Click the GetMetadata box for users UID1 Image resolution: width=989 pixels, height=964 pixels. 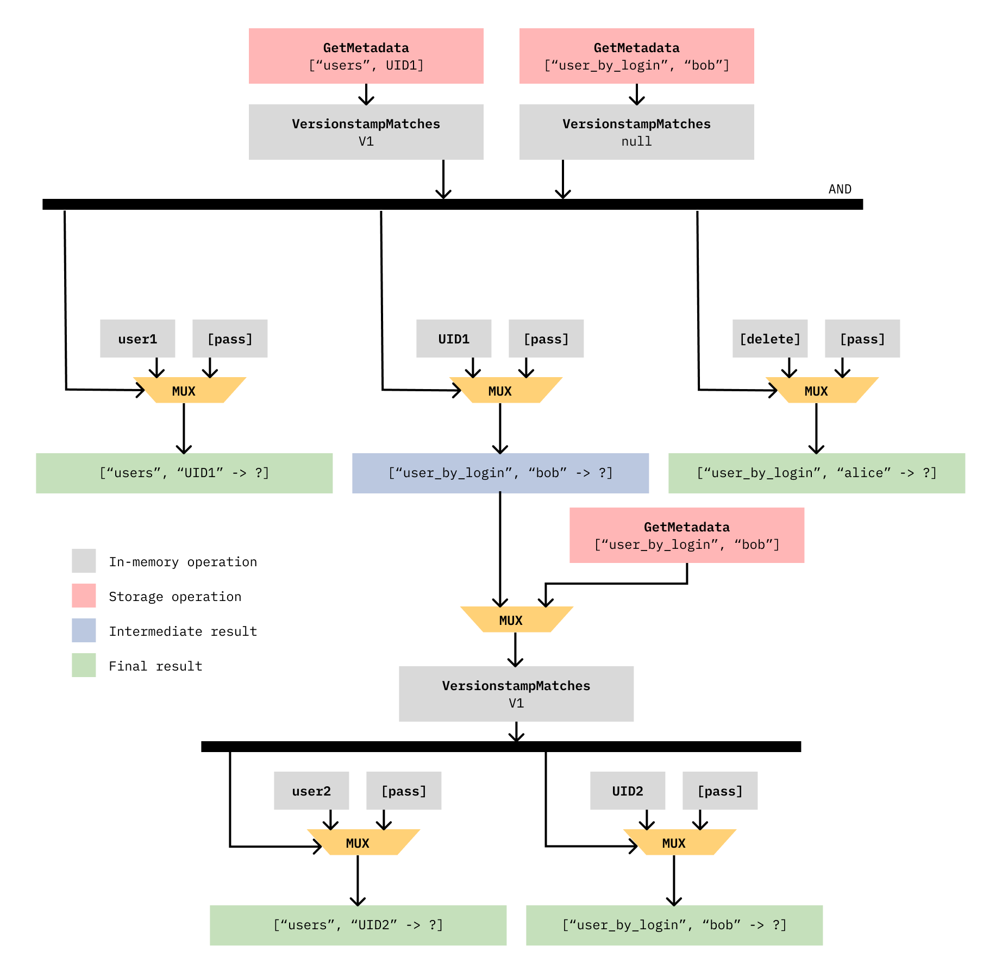366,56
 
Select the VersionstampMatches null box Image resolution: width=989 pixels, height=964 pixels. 636,132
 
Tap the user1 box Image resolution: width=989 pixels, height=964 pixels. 137,339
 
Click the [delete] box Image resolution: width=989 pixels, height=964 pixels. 770,339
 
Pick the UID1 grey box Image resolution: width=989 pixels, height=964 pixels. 454,339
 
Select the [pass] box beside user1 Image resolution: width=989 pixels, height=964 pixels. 230,339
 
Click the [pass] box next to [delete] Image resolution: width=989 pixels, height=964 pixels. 862,339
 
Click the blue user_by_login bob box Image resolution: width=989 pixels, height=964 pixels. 500,473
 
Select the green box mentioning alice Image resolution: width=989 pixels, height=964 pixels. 817,473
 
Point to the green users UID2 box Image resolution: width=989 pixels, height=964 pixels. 358,925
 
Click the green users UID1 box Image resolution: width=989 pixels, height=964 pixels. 184,473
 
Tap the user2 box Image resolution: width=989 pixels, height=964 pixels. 311,791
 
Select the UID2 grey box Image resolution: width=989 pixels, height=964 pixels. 628,791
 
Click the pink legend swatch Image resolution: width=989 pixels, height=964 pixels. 84,596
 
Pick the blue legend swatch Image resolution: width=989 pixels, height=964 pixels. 84,630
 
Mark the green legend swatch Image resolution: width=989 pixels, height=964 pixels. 84,665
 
